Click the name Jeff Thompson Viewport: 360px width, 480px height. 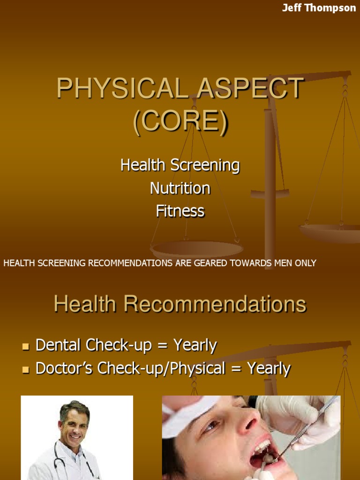[319, 8]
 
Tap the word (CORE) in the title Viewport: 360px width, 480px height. [180, 120]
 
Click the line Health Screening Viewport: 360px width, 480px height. [180, 165]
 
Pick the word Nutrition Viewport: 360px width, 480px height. [180, 188]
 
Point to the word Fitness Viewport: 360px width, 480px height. [180, 211]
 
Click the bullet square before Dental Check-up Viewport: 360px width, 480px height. [26, 347]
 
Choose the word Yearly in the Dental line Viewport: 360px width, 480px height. [195, 346]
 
